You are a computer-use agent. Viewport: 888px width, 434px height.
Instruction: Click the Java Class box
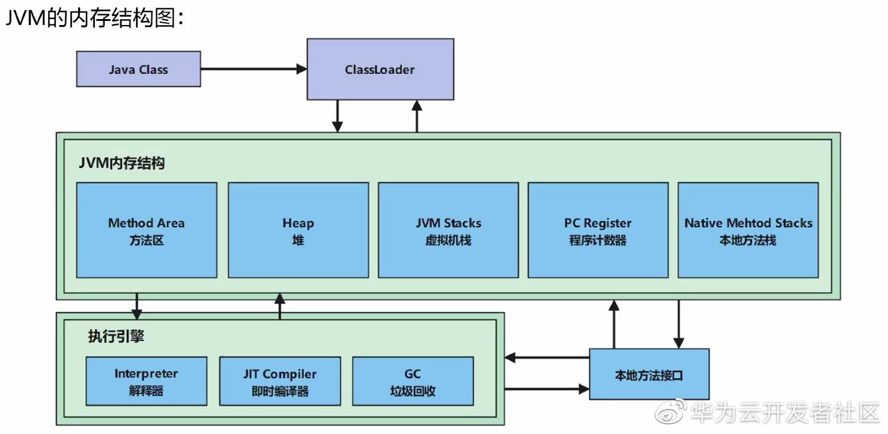coord(138,69)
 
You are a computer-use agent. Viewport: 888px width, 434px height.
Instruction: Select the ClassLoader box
coord(380,69)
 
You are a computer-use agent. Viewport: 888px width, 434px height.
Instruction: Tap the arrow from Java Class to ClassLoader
coord(253,69)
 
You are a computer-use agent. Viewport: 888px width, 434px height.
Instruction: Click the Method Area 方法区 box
coord(147,230)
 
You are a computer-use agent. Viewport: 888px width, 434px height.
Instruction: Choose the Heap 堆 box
coord(298,230)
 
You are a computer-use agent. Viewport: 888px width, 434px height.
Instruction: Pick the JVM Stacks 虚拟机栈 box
coord(448,230)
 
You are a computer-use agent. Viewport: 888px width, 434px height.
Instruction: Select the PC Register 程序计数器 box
coord(598,230)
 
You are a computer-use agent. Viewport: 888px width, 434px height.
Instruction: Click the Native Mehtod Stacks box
coord(748,230)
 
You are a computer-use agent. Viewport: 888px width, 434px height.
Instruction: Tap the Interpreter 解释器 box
coord(146,382)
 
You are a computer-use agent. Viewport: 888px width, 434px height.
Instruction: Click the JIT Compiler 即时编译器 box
coord(280,382)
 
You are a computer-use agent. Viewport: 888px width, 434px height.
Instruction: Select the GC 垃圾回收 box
coord(413,382)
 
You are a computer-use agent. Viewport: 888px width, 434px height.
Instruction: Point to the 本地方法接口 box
coord(649,374)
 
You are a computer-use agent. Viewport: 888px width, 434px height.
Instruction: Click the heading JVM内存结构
coord(122,163)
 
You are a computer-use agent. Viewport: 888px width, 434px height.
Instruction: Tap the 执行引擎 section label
coord(116,336)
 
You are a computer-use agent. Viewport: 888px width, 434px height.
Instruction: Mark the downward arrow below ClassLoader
coord(337,116)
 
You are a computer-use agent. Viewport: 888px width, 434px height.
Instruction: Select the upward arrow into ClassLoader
coord(417,116)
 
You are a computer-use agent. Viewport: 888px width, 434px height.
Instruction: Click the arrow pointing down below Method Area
coord(137,305)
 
